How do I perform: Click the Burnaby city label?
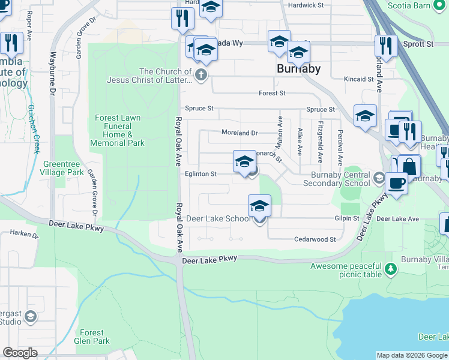tap(298, 68)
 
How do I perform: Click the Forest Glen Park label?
tap(92, 337)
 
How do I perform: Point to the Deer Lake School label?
tap(218, 218)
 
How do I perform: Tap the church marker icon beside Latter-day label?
tap(201, 76)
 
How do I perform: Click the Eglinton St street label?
tap(201, 174)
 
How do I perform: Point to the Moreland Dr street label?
tap(239, 133)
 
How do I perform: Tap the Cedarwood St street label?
tap(315, 239)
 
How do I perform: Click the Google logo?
tap(20, 353)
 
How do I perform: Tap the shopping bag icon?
tap(409, 167)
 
